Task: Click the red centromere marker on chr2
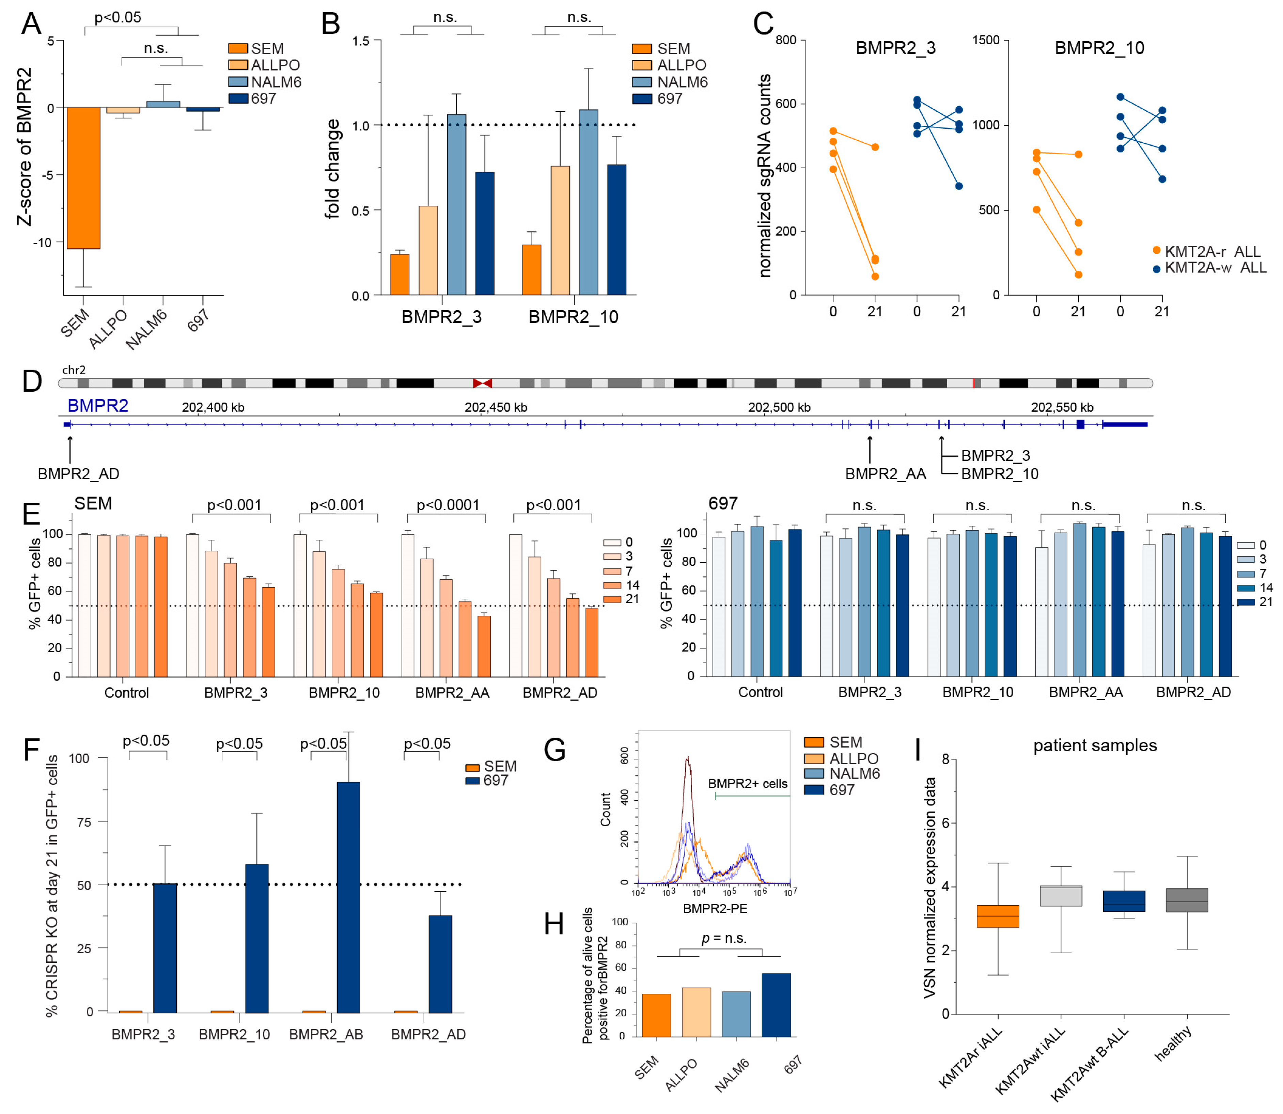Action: pos(482,383)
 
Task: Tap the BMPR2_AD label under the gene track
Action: pos(78,474)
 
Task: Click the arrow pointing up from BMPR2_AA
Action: pos(870,449)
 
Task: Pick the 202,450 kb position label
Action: pos(496,407)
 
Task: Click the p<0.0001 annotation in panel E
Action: pos(448,505)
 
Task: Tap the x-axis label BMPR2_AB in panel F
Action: pos(326,1034)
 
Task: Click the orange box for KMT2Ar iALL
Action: pos(998,916)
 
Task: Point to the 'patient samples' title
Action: pos(1095,746)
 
